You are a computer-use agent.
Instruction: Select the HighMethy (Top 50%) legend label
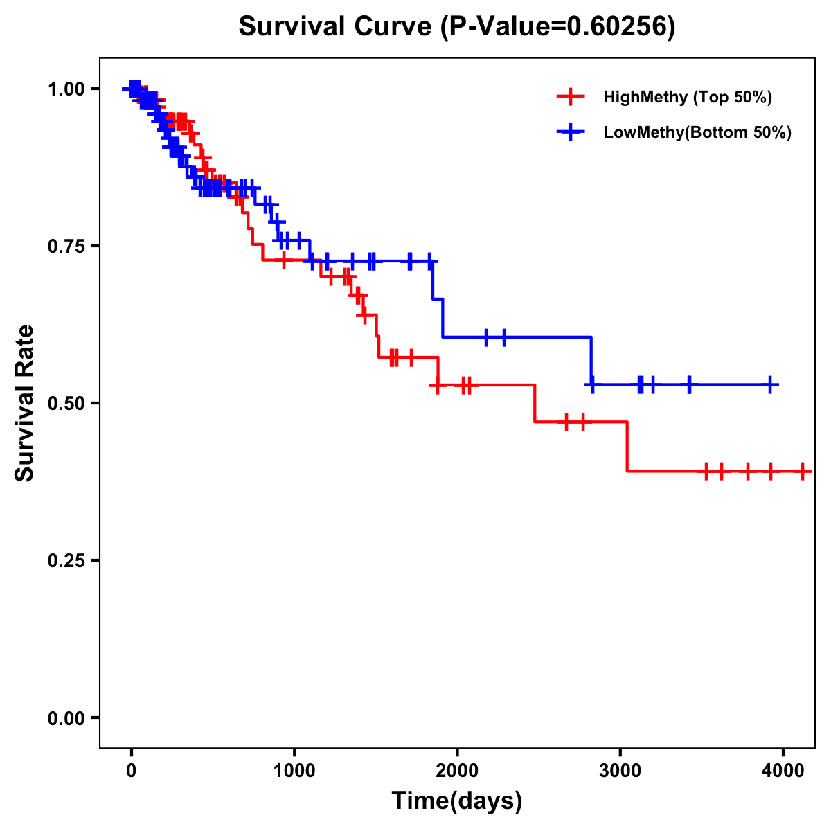click(687, 97)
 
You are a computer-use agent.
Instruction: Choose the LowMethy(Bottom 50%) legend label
click(697, 132)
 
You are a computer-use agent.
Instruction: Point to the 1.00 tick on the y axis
click(66, 89)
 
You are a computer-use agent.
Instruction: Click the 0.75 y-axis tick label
click(66, 246)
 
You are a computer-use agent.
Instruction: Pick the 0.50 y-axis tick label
click(66, 403)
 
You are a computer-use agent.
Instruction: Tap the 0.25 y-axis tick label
click(66, 560)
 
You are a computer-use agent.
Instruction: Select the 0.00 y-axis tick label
click(66, 717)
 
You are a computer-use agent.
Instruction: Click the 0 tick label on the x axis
click(131, 771)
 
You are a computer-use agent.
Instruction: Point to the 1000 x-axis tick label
click(294, 771)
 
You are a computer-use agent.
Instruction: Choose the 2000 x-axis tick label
click(457, 771)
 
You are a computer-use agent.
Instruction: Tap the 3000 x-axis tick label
click(620, 771)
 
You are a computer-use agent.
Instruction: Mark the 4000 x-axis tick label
click(783, 771)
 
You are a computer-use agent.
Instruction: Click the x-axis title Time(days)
click(457, 801)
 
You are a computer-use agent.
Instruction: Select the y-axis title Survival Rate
click(25, 403)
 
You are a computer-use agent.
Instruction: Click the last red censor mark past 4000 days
click(802, 471)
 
